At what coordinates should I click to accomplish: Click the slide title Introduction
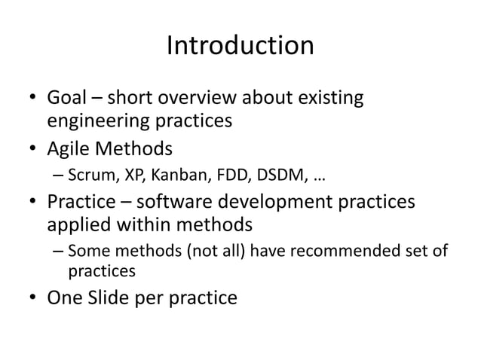(240, 46)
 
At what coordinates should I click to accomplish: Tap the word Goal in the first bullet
(69, 98)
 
